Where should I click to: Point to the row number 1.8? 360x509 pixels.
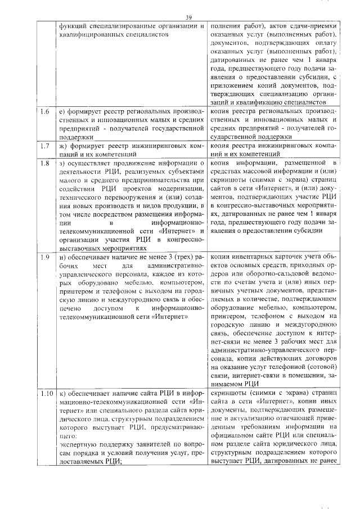click(44, 164)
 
